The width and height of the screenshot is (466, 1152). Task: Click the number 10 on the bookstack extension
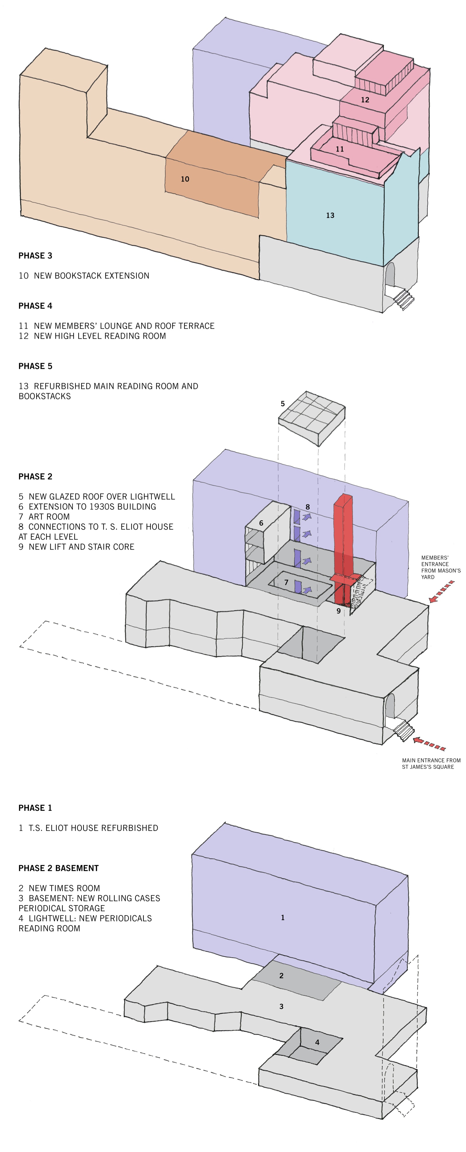(x=185, y=179)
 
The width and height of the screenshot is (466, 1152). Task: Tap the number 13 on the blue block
(x=330, y=215)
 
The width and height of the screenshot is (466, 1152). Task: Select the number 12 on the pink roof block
(x=365, y=100)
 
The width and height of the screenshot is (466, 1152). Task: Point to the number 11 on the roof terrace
(x=340, y=149)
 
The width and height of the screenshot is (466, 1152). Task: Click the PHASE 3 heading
(x=35, y=256)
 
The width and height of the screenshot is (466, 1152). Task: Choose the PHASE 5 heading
(x=35, y=366)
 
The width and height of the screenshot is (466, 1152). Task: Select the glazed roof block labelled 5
(x=312, y=419)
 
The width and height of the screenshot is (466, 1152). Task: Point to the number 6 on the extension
(x=261, y=523)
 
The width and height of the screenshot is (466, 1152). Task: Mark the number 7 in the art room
(x=286, y=582)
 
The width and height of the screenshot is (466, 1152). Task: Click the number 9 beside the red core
(x=339, y=611)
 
